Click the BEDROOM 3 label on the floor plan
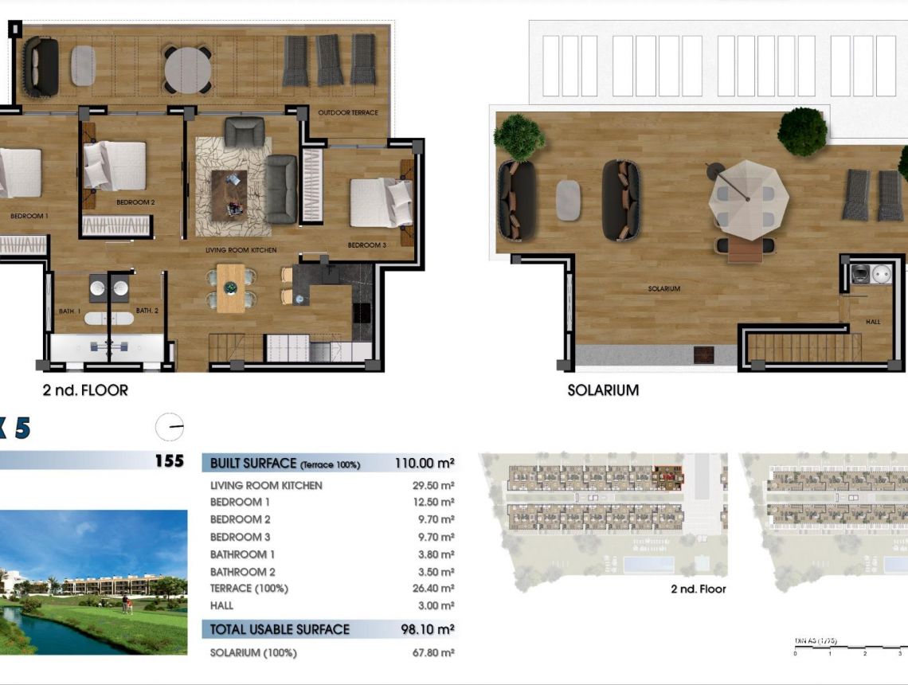click(x=366, y=245)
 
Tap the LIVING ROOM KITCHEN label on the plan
click(x=241, y=250)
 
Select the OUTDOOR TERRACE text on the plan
click(x=347, y=113)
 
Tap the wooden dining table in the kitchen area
click(x=231, y=288)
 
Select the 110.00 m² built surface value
click(x=425, y=463)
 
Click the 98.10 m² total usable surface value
click(x=427, y=629)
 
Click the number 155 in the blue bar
click(x=169, y=461)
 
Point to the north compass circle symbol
click(x=170, y=428)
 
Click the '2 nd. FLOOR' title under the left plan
click(x=85, y=390)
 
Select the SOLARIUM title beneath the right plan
click(x=603, y=390)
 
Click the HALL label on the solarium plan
click(x=873, y=322)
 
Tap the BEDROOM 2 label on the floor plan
click(x=135, y=202)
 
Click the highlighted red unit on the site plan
click(x=667, y=477)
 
